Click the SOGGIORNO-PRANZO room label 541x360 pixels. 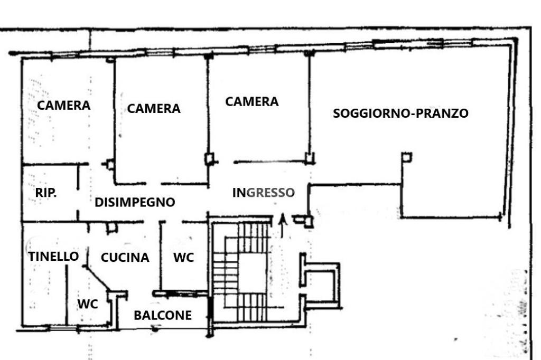tap(400, 113)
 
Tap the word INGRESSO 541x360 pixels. tap(263, 193)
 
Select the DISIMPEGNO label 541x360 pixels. tap(135, 202)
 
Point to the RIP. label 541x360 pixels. tap(46, 193)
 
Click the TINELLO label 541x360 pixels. tap(53, 257)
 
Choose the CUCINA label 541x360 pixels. tap(125, 258)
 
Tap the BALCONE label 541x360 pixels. tap(162, 316)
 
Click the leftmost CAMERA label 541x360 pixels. tap(63, 105)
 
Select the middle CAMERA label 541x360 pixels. tap(154, 108)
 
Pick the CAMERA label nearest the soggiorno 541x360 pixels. tap(251, 101)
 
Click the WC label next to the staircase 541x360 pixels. tap(183, 258)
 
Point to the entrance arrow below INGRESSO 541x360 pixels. tap(282, 225)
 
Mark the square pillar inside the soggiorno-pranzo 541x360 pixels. tap(406, 157)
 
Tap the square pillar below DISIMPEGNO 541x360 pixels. tap(111, 228)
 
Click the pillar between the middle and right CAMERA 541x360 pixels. tap(210, 158)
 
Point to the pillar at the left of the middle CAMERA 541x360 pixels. tap(110, 164)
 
